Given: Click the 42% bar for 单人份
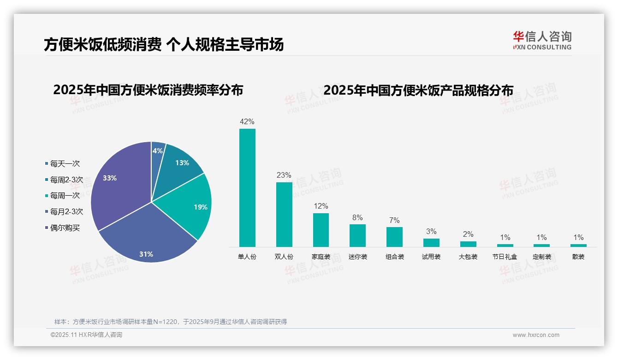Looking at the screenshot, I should coord(247,188).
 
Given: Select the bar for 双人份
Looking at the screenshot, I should coord(284,215).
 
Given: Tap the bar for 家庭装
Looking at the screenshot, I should coord(321,230).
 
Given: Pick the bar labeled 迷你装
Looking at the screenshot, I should coord(357,235).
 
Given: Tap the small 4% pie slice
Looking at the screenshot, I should coord(157,151).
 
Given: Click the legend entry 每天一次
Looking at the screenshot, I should coord(65,164).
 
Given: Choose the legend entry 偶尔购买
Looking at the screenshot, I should coord(65,228).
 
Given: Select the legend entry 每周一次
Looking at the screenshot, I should coord(65,196).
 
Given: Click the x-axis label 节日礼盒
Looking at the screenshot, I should coord(505,257).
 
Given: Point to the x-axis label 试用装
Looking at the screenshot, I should coord(431,257).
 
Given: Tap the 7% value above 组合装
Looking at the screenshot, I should coord(394,221).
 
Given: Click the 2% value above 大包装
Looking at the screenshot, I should coord(468,234).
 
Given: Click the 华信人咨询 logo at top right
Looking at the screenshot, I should coord(542,41).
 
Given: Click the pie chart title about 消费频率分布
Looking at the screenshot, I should coord(148,90).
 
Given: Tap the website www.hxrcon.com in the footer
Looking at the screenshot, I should coord(536,335).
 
